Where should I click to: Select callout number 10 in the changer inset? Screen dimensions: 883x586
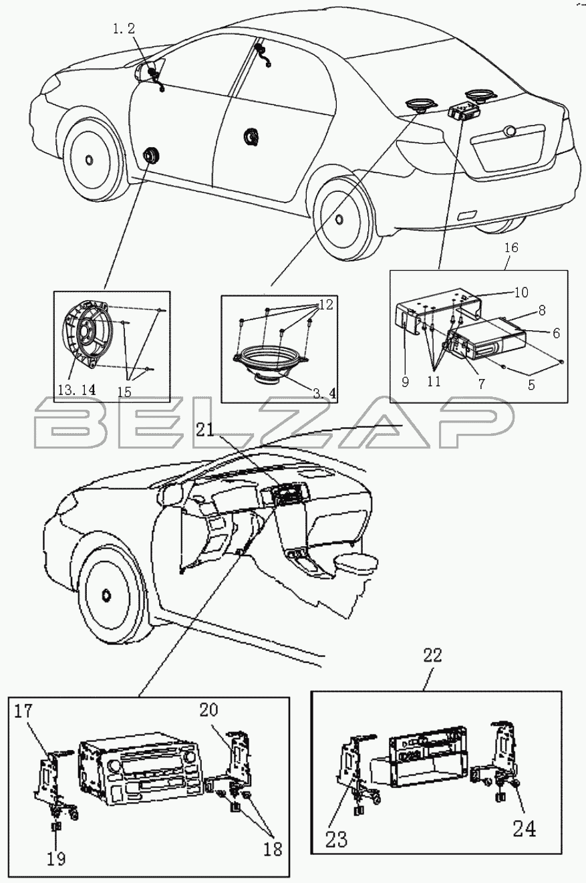(521, 292)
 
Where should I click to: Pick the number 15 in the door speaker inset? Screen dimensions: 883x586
(125, 391)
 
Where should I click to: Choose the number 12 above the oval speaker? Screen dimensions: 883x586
(325, 305)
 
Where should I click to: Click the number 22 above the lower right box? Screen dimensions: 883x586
(434, 656)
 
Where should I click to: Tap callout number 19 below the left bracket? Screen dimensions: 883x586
(57, 858)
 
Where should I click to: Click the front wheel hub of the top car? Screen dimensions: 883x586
(89, 160)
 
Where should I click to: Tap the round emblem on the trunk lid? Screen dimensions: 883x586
(510, 131)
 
